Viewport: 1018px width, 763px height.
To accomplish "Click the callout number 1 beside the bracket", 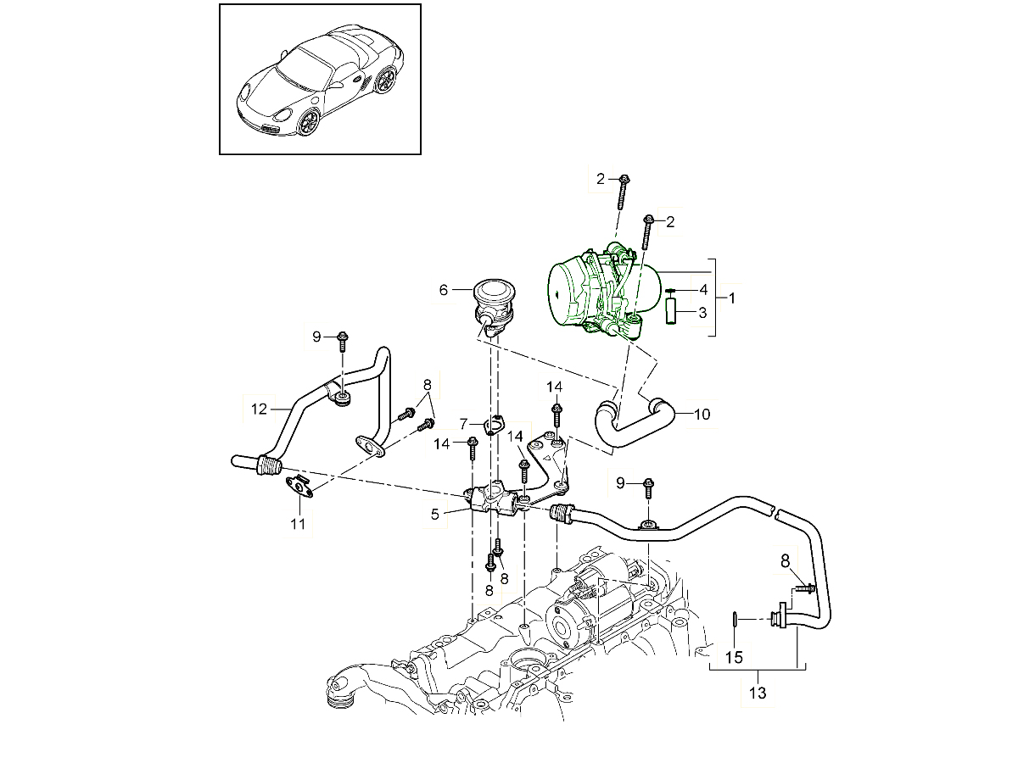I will (x=732, y=298).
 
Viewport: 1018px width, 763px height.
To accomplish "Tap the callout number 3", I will (x=702, y=313).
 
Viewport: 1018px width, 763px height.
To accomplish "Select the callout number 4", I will (x=702, y=290).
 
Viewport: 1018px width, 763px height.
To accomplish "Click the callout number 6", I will (x=443, y=290).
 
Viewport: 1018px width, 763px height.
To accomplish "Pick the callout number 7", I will (x=464, y=422).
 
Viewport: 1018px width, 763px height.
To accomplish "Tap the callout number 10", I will (x=702, y=415).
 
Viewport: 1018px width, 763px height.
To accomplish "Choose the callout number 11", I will (x=298, y=524).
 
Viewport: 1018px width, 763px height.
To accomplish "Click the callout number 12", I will (x=259, y=408).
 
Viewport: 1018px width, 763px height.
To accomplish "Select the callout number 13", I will (x=758, y=693).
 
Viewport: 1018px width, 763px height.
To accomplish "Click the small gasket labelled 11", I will (x=297, y=487).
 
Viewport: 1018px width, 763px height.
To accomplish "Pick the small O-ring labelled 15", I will (x=736, y=622).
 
